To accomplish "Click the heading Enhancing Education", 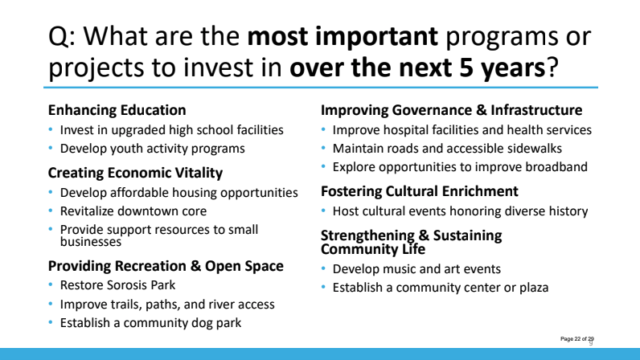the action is tap(117, 110).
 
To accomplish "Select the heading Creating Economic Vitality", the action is tap(136, 173).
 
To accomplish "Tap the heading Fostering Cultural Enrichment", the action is tap(419, 191).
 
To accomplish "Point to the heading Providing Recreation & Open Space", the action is tap(166, 266).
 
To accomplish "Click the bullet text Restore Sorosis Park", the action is tap(117, 285).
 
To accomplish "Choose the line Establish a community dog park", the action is tap(150, 323).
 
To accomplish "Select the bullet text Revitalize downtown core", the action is tap(133, 211).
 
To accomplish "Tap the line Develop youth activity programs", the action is tap(152, 149).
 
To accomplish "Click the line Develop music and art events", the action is tap(416, 269).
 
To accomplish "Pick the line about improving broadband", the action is tap(460, 167).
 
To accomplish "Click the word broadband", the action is tap(556, 167).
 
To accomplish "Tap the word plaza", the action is tap(534, 288).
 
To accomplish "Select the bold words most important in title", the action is tap(343, 36).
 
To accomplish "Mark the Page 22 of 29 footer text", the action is tap(577, 339).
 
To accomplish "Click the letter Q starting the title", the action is tap(58, 37).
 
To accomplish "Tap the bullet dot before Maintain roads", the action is tap(323, 148).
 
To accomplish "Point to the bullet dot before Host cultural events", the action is tap(323, 211).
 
